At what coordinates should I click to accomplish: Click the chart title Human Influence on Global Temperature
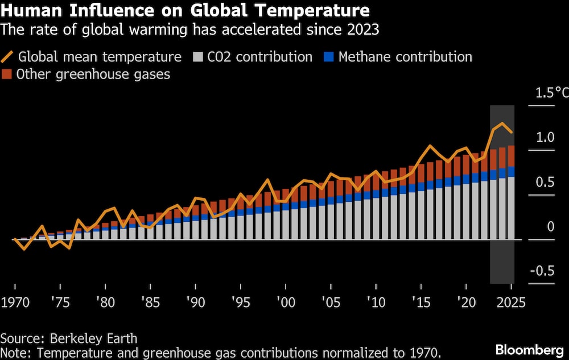(185, 10)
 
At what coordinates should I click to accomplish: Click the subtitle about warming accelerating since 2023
(189, 28)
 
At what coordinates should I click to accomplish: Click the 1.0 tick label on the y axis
(545, 137)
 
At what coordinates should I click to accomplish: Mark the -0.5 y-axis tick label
(542, 271)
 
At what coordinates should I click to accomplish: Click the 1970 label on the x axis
(15, 302)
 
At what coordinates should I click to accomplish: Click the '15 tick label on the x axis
(420, 302)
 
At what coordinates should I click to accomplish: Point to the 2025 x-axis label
(512, 302)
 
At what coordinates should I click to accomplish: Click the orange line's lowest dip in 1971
(24, 249)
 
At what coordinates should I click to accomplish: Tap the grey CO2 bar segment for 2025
(512, 208)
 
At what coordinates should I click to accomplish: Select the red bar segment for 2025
(512, 156)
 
